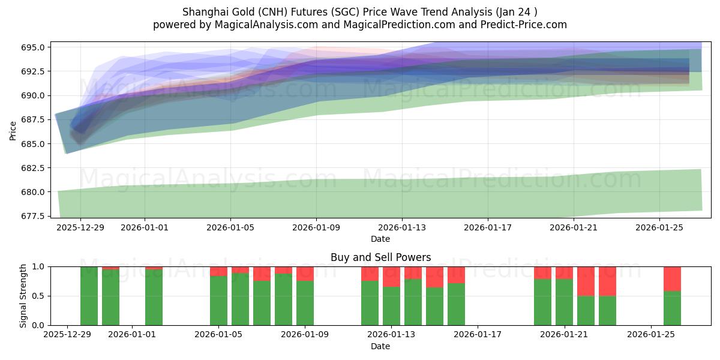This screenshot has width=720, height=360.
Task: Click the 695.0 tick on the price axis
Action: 35,47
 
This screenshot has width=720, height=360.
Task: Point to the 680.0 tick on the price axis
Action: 35,192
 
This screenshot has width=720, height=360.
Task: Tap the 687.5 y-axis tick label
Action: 35,120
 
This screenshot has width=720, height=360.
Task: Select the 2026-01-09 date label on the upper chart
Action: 316,228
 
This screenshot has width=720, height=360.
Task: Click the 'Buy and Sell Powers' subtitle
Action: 380,257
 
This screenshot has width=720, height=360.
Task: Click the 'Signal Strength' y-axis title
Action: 23,296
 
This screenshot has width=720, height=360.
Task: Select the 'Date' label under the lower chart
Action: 380,346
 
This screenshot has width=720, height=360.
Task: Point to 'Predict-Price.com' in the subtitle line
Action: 526,25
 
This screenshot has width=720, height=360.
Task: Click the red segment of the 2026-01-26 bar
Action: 672,278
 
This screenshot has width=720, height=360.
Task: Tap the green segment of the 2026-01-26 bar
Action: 672,308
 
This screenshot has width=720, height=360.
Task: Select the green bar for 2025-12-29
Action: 89,296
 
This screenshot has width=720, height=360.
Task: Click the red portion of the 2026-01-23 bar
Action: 607,281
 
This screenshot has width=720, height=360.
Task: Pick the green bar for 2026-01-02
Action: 154,298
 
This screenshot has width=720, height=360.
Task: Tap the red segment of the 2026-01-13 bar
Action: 391,276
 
